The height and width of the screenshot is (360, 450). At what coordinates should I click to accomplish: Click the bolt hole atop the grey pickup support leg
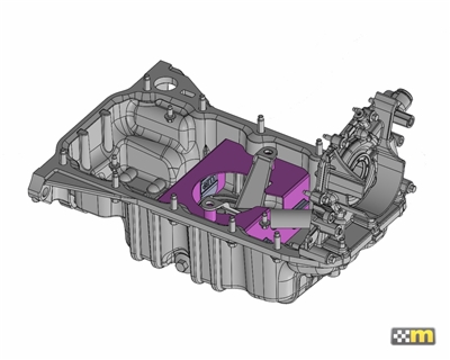point(268,152)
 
